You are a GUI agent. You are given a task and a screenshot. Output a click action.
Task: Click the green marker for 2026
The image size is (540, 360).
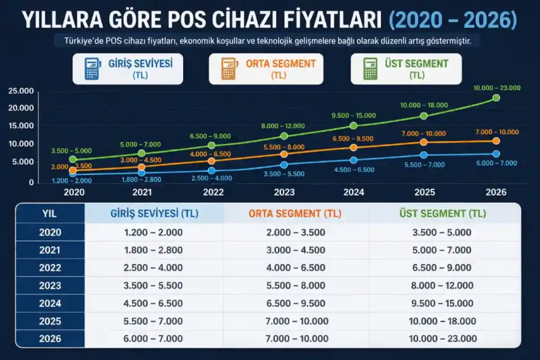(496, 98)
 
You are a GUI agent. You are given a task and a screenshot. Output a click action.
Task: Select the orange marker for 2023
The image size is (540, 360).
(284, 154)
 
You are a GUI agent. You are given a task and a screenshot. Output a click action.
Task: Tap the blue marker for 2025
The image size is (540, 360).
(425, 155)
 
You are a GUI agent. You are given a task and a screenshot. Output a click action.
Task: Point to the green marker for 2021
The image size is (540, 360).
(142, 154)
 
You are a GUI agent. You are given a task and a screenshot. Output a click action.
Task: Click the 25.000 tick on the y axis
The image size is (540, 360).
(21, 91)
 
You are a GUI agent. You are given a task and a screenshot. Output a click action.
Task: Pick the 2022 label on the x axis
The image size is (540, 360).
(213, 192)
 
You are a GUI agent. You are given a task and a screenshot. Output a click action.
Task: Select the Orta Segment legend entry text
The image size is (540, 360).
(281, 64)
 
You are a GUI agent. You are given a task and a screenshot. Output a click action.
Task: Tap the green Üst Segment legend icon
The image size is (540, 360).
(370, 69)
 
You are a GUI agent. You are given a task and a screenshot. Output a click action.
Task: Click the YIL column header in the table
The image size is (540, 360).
(49, 214)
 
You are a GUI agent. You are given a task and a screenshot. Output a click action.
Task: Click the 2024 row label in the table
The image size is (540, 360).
(49, 303)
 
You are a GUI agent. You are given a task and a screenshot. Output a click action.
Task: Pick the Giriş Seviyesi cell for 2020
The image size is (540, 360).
(153, 232)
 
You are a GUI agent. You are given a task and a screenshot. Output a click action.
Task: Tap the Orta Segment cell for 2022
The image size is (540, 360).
(295, 268)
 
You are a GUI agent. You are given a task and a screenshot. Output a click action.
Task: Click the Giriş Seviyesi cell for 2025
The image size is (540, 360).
(153, 321)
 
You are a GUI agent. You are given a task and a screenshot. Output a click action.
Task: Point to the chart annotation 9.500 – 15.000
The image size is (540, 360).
(354, 115)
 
